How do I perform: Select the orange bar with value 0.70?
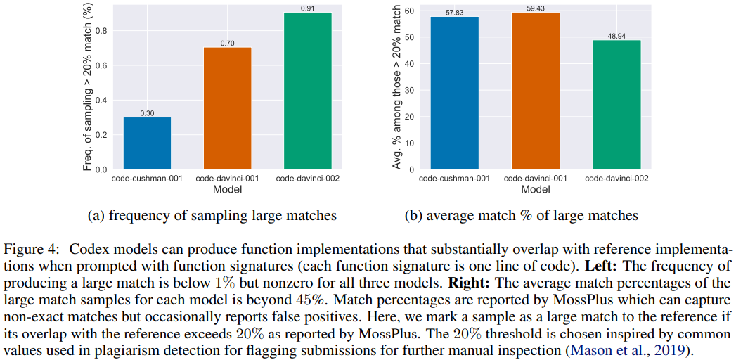coord(227,108)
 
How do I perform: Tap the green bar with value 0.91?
coord(307,91)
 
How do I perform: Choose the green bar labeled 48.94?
coord(616,105)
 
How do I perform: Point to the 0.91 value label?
coord(307,8)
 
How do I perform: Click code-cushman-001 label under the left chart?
coord(147,179)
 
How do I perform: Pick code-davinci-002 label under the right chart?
coord(616,179)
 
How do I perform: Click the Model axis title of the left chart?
coord(227,190)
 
